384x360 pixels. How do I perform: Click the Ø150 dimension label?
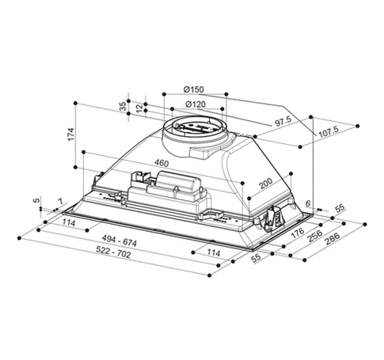point(194,89)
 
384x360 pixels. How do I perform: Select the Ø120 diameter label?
point(196,104)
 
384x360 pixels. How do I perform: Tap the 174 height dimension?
point(70,135)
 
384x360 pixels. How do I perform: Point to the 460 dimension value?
point(162,163)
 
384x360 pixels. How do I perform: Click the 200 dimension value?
point(265,184)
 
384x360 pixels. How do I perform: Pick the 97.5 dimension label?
point(283,122)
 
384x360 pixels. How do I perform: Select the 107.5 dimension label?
point(329,131)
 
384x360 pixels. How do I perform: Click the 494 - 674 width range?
point(120,241)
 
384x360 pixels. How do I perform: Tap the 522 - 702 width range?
point(113,252)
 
